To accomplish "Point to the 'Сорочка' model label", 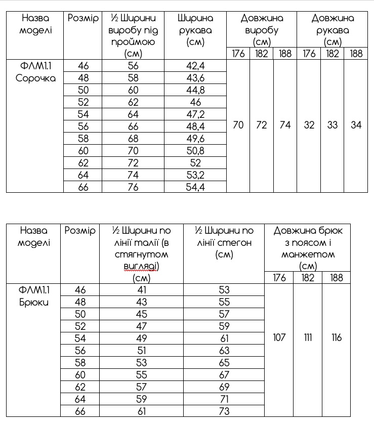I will point(35,78).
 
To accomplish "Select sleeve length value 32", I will point(309,125).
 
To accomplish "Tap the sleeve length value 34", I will point(356,125).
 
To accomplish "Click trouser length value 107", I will point(279,337).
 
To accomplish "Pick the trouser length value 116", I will point(337,337).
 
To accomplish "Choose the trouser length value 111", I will point(308,337).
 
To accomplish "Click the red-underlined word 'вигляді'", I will point(141,266).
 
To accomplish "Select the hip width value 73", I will point(224,411).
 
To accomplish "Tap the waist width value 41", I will point(141,290).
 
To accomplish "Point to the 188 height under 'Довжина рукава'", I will point(356,54).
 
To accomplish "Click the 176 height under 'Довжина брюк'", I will point(279,278).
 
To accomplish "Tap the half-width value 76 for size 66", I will point(133,187).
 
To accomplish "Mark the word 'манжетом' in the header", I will point(308,254).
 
